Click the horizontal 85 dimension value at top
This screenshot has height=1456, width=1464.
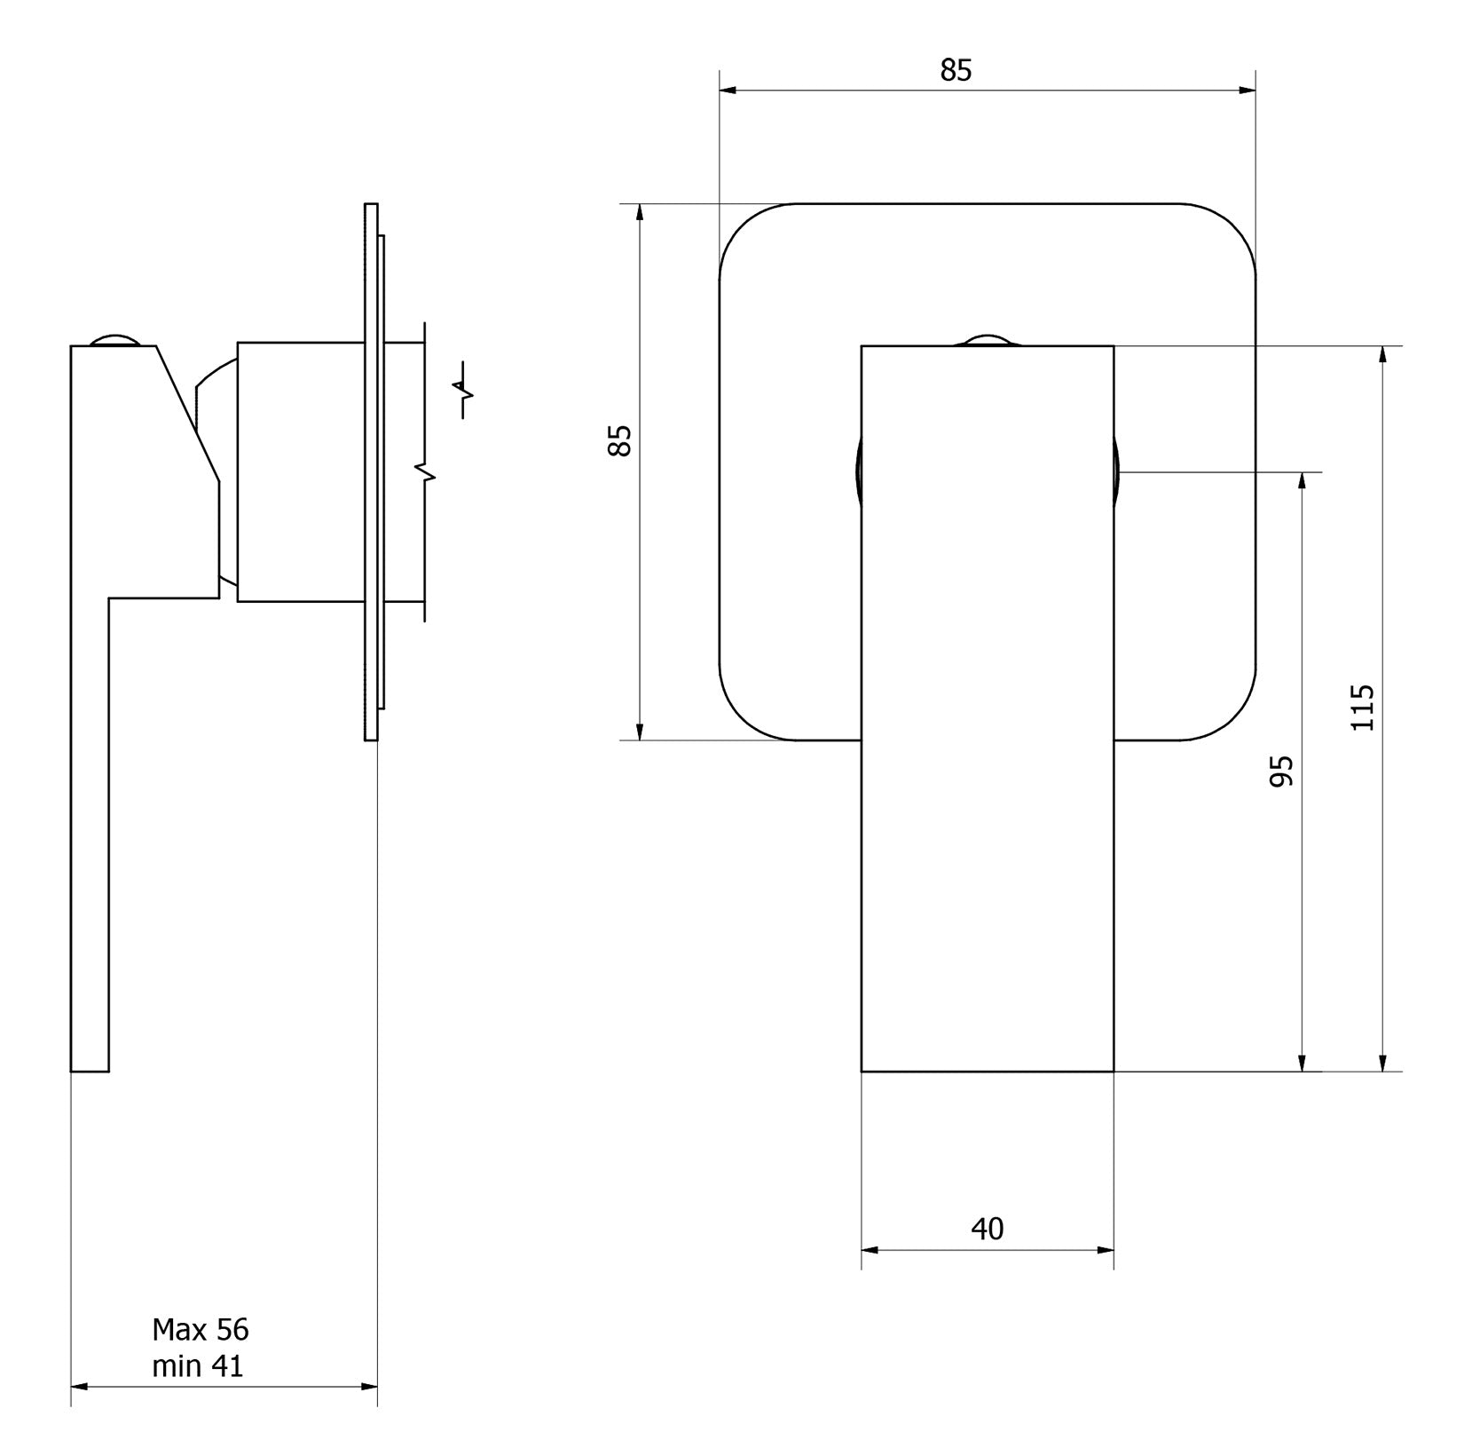point(956,70)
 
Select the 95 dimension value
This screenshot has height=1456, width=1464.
point(1282,771)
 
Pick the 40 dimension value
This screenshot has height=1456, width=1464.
point(987,1229)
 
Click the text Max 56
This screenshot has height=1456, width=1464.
point(201,1329)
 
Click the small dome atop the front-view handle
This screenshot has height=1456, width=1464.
point(987,340)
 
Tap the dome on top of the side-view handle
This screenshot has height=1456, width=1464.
point(114,340)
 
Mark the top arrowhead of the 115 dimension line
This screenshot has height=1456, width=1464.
point(1381,354)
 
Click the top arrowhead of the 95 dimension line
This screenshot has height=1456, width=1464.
point(1302,480)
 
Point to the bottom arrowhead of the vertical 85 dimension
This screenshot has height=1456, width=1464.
point(639,732)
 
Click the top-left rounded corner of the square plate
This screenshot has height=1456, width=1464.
point(742,227)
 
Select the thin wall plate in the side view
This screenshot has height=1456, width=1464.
point(371,471)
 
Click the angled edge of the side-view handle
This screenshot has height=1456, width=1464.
point(187,413)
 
